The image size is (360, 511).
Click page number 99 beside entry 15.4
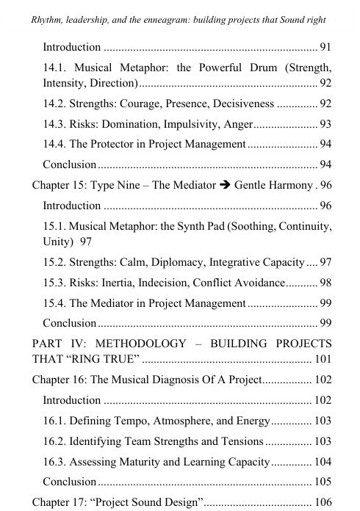pos(325,302)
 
